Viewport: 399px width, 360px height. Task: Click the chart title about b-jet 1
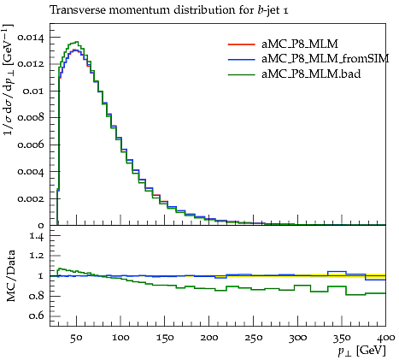[x=169, y=10]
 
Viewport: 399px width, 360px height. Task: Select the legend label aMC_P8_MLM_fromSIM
[x=326, y=58]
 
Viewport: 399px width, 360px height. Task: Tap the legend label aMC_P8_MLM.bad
[x=311, y=74]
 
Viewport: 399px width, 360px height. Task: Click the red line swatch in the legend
[x=241, y=44]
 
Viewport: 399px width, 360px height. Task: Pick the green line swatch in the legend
[x=241, y=74]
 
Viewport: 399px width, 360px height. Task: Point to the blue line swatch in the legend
[x=241, y=59]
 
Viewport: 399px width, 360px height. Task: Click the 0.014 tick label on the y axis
[x=31, y=38]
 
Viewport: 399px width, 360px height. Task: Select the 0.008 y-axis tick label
[x=31, y=117]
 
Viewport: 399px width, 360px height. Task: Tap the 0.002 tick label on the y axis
[x=31, y=198]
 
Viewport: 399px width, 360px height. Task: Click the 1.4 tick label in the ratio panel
[x=37, y=236]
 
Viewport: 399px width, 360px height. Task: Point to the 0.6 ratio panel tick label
[x=37, y=316]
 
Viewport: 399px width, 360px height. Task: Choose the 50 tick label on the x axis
[x=76, y=338]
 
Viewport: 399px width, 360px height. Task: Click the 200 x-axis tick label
[x=209, y=338]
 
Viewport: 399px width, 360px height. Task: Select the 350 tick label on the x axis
[x=342, y=338]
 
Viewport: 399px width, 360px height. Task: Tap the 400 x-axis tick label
[x=385, y=338]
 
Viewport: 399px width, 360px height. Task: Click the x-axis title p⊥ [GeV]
[x=361, y=351]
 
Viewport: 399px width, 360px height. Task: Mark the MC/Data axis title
[x=10, y=275]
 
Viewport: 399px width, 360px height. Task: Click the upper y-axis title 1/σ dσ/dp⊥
[x=9, y=80]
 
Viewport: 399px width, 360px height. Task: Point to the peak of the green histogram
[x=76, y=42]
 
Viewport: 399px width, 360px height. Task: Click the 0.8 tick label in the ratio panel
[x=37, y=296]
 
